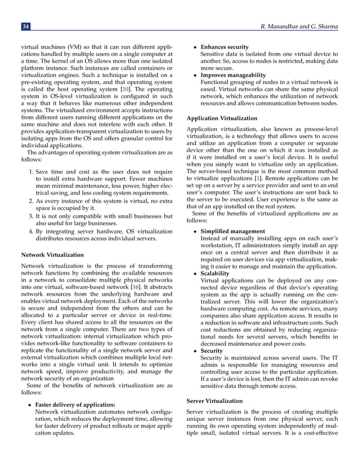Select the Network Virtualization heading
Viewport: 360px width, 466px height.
point(51,255)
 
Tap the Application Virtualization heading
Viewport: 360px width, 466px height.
point(222,118)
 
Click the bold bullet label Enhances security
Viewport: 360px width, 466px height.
point(225,47)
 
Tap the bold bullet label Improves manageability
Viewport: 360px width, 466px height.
point(232,74)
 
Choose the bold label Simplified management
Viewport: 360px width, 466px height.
point(232,231)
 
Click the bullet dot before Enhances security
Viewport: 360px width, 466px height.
point(195,47)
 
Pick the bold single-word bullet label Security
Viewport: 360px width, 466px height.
point(212,350)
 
